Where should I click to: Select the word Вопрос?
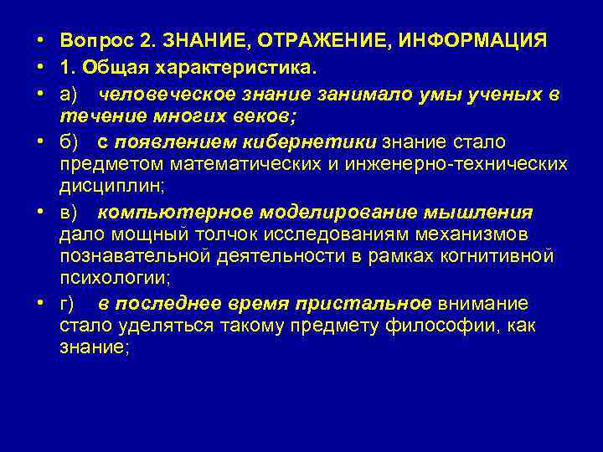pyautogui.click(x=95, y=39)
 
